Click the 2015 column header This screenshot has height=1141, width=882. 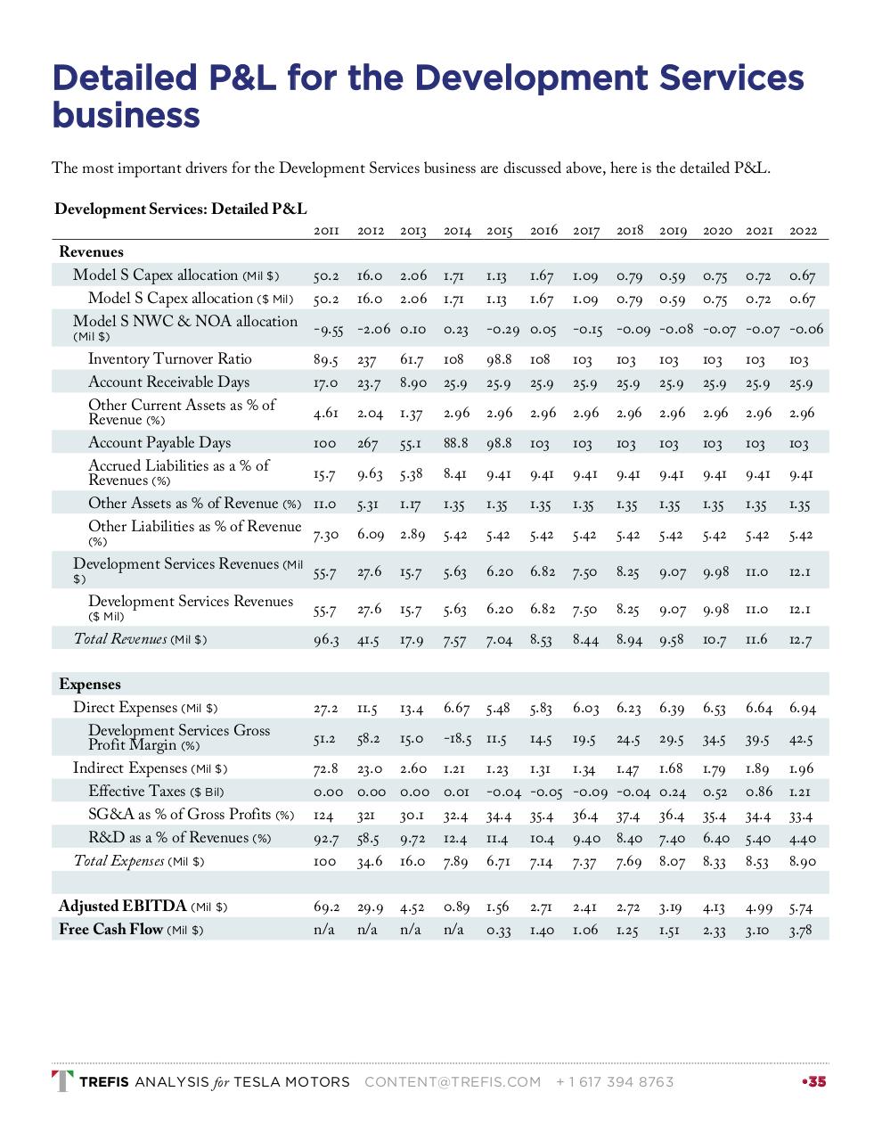(x=500, y=231)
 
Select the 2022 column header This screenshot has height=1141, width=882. (x=803, y=231)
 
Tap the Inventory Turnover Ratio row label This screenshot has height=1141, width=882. (x=169, y=359)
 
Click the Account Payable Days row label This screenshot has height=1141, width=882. (x=159, y=443)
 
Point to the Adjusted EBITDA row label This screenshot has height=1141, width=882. (x=122, y=907)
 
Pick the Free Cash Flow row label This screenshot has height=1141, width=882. (x=110, y=930)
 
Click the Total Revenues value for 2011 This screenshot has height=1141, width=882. (x=326, y=640)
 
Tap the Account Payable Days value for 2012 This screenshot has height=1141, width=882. (x=370, y=444)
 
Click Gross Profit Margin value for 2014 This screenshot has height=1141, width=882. (x=457, y=740)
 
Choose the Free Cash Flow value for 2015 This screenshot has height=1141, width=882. (x=499, y=931)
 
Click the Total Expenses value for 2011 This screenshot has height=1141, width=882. (x=325, y=862)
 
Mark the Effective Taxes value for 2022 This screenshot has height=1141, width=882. (x=802, y=792)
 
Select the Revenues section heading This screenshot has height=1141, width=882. (x=91, y=252)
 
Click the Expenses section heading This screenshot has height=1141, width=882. (x=89, y=685)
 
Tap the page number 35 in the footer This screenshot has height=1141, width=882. (x=817, y=1082)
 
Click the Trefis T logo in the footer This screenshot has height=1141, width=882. (x=62, y=1081)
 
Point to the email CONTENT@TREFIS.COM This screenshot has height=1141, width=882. (x=453, y=1082)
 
